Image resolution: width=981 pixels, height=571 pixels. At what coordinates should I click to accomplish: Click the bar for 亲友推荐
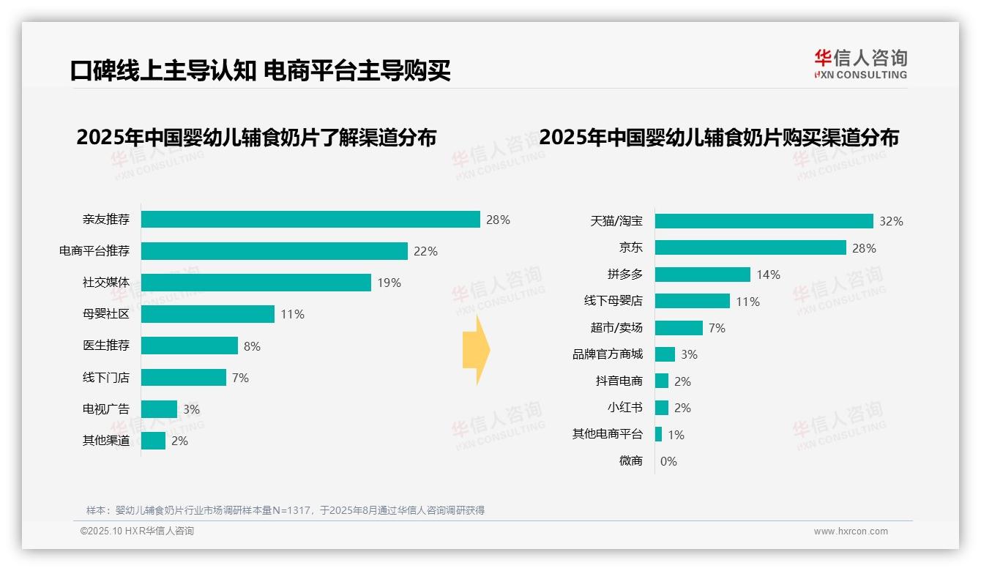[x=310, y=220]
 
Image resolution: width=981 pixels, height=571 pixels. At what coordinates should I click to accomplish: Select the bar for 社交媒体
[x=256, y=283]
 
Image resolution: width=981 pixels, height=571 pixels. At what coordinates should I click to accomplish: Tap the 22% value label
[x=425, y=251]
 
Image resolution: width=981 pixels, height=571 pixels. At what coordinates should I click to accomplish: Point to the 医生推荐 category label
[x=106, y=346]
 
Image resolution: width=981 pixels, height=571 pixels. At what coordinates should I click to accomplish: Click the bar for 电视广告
[x=159, y=409]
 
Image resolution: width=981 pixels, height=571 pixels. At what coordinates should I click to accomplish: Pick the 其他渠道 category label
[x=106, y=441]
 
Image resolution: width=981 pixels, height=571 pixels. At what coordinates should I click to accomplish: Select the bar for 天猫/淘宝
[x=764, y=221]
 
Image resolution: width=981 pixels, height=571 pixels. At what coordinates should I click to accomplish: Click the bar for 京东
[x=750, y=247]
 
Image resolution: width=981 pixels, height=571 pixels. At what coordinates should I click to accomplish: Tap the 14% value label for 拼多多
[x=768, y=275]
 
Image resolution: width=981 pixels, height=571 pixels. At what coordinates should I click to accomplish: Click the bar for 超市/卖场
[x=679, y=328]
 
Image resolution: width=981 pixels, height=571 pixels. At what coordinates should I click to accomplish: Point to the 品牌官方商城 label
[x=608, y=354]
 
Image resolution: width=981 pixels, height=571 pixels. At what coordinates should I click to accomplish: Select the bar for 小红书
[x=662, y=408]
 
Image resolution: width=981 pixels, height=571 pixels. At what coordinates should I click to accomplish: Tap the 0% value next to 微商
[x=668, y=461]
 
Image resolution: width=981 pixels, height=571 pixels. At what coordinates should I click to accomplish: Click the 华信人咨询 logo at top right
[x=860, y=64]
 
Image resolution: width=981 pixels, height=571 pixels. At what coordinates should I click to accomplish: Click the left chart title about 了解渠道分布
[x=256, y=138]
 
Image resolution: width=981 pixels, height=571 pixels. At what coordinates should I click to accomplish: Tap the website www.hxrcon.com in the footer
[x=851, y=531]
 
